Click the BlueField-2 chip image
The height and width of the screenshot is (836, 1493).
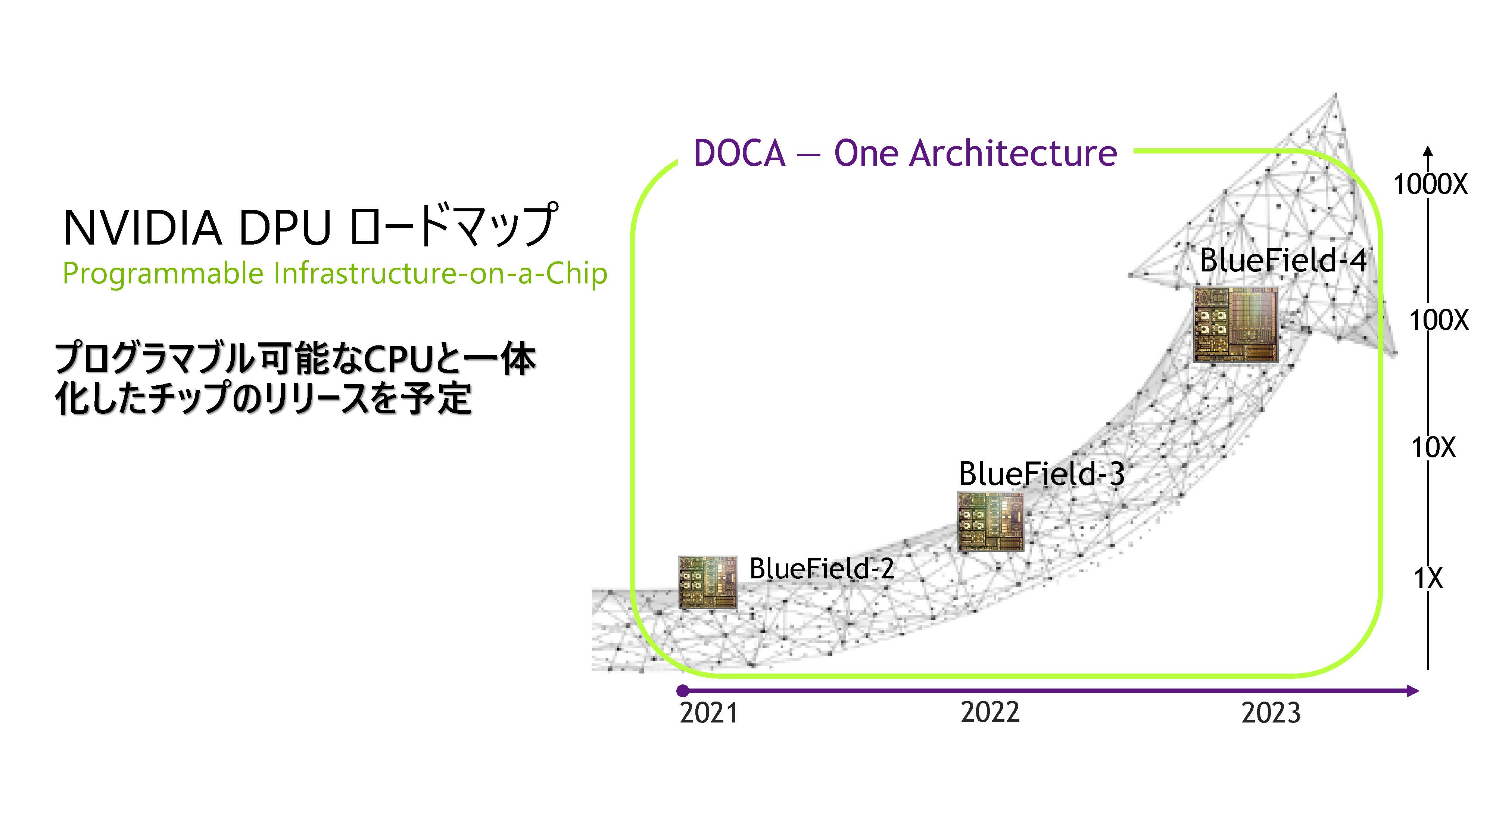pyautogui.click(x=708, y=582)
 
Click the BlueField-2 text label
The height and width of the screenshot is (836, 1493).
pyautogui.click(x=822, y=568)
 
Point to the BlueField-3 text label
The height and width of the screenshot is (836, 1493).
pyautogui.click(x=1041, y=474)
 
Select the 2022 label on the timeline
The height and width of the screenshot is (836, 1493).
pyautogui.click(x=990, y=712)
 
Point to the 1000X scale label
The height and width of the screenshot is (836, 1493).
pyautogui.click(x=1430, y=185)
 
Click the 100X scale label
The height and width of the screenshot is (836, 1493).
pyautogui.click(x=1439, y=320)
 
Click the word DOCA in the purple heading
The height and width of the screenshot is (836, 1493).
pyautogui.click(x=739, y=153)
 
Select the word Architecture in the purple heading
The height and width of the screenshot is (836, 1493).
pyautogui.click(x=1013, y=153)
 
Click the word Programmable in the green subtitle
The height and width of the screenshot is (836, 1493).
pyautogui.click(x=163, y=274)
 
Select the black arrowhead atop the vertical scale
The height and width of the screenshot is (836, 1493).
pyautogui.click(x=1428, y=151)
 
